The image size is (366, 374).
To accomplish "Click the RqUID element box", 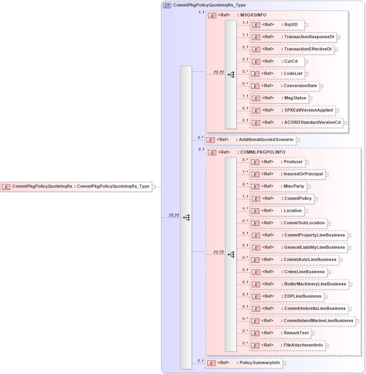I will (x=277, y=25).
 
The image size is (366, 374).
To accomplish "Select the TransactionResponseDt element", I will (x=293, y=37).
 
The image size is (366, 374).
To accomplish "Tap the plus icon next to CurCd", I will (x=306, y=62).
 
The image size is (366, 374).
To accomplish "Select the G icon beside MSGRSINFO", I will (x=212, y=15).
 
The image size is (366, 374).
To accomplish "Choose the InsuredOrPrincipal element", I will (x=287, y=174).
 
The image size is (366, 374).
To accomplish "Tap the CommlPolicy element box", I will (x=281, y=199).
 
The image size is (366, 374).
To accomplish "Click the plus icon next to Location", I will (x=306, y=211).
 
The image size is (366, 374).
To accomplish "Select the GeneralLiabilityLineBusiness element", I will (x=298, y=248).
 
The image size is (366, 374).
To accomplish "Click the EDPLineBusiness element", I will (x=286, y=296).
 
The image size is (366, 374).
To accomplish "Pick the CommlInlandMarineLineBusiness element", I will (x=302, y=321).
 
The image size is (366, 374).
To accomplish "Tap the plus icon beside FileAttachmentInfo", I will (x=328, y=346).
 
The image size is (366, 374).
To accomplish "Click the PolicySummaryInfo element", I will (x=243, y=363).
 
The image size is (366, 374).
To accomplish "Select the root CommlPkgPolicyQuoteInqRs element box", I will (x=76, y=187).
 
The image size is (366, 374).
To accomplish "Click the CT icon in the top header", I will (x=167, y=5).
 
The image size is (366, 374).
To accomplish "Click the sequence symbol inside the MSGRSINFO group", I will (x=231, y=74).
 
